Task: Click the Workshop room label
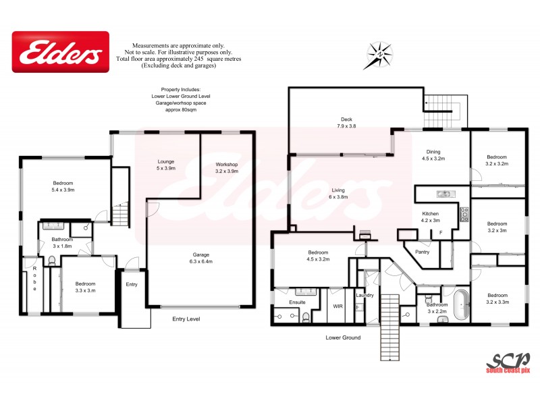(x=227, y=167)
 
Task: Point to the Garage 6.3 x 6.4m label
(x=199, y=257)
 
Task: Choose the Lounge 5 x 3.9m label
(x=166, y=164)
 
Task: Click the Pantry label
(x=423, y=252)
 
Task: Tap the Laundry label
(x=365, y=295)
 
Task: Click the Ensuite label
(x=298, y=302)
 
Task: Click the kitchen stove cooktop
(x=464, y=215)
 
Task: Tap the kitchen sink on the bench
(x=443, y=194)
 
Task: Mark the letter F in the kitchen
(x=440, y=233)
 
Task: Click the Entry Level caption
(x=186, y=319)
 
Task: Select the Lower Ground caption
(x=343, y=337)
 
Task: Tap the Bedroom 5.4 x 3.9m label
(x=63, y=187)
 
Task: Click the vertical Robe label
(x=34, y=279)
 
